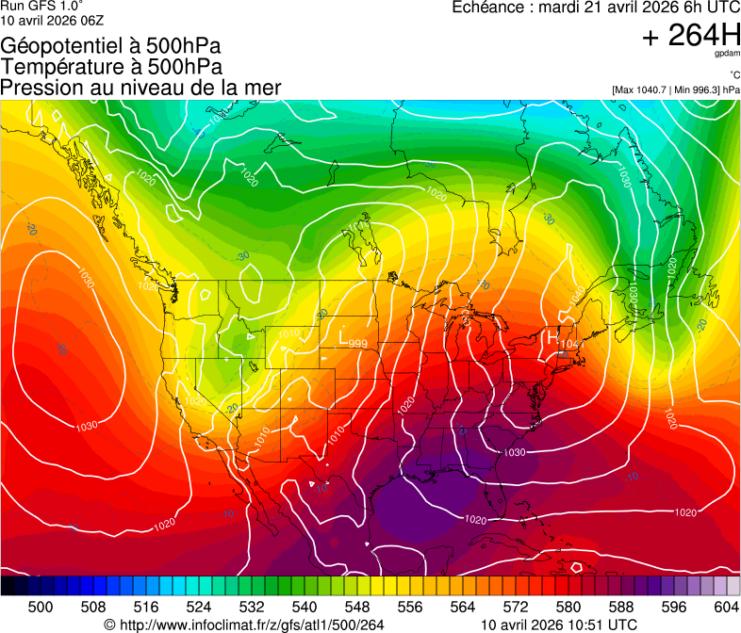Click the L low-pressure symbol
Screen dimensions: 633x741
tap(344, 334)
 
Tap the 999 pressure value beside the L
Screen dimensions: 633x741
tap(357, 344)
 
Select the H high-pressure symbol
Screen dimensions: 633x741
tap(553, 335)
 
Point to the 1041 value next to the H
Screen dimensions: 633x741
tap(571, 345)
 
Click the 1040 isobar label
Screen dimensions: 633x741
tap(576, 295)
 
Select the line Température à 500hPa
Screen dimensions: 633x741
tap(111, 67)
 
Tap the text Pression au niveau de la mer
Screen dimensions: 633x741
tap(140, 88)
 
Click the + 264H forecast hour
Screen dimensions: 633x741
tap(691, 36)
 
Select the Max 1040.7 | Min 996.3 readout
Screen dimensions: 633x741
tap(675, 90)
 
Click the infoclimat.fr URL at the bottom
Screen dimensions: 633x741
tap(244, 625)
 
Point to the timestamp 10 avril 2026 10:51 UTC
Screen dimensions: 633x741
tap(559, 625)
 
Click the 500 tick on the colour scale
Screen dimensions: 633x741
tap(41, 606)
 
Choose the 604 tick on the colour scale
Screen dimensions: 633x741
tap(727, 606)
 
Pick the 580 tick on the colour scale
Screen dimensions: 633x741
tap(568, 606)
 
